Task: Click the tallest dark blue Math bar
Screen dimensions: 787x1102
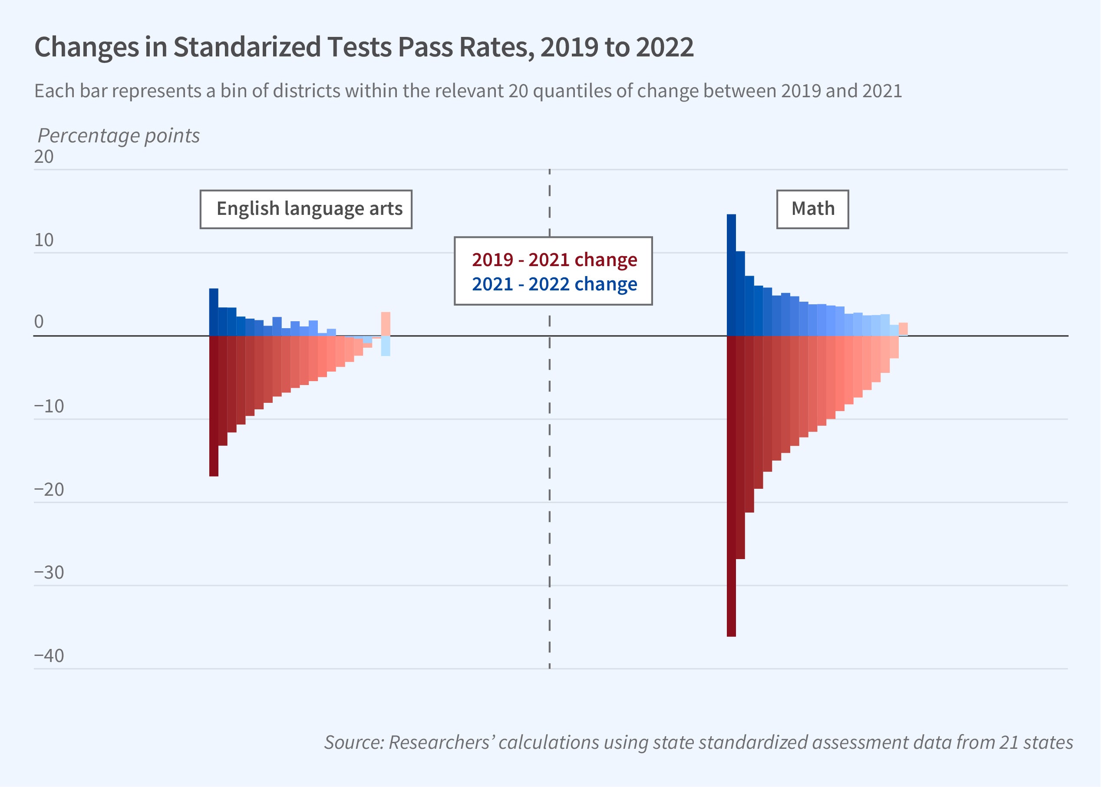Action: (x=731, y=275)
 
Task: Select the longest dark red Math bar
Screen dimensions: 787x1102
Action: (x=731, y=486)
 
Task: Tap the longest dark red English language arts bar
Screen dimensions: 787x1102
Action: (x=214, y=406)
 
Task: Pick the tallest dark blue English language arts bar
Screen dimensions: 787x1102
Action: (x=214, y=312)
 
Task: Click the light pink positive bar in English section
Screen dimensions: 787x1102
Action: (x=386, y=324)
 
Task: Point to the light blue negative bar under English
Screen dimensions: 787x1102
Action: (x=386, y=346)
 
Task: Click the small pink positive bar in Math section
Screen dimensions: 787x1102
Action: (x=903, y=329)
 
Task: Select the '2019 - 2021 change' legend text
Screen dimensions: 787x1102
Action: (x=554, y=260)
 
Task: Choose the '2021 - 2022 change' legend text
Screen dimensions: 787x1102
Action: (x=554, y=284)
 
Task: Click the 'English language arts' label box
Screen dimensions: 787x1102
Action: (x=306, y=209)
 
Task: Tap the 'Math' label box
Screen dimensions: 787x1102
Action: (x=813, y=209)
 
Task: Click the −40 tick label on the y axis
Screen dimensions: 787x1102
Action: (x=49, y=655)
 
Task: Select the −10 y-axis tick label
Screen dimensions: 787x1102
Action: (x=49, y=406)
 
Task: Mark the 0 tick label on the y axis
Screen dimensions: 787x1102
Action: (x=39, y=322)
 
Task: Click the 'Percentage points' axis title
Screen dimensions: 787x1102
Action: (x=119, y=136)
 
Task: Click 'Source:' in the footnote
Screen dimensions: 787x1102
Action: (x=353, y=742)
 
